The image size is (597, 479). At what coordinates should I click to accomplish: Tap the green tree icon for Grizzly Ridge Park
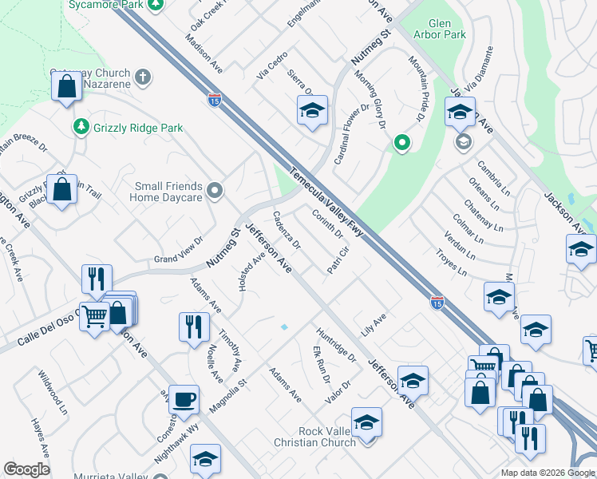tap(80, 127)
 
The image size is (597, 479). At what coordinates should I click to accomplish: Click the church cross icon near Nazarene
tap(143, 77)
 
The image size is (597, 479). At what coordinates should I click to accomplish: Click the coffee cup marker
tap(184, 399)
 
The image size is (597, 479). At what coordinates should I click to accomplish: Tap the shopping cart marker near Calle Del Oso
tap(95, 318)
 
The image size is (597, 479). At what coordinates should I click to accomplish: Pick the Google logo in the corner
tap(26, 469)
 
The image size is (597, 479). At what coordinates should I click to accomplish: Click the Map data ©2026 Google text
tap(548, 473)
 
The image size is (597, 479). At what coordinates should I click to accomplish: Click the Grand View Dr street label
tap(179, 254)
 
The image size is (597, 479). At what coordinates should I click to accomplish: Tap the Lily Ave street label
tap(373, 323)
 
